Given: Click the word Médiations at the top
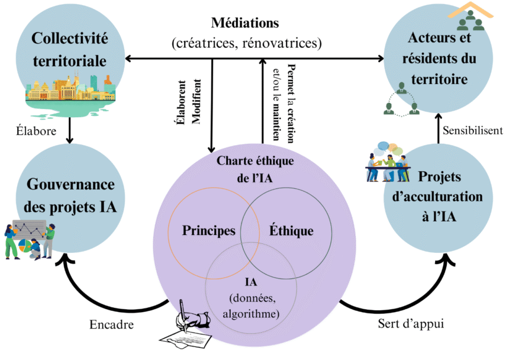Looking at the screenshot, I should tap(245, 25).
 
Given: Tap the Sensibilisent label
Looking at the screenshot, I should tap(471, 130).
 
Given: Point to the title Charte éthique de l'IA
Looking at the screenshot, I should tap(254, 168).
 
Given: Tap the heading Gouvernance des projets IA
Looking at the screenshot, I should tap(70, 195).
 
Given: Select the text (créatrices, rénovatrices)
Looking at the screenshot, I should tap(246, 43).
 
